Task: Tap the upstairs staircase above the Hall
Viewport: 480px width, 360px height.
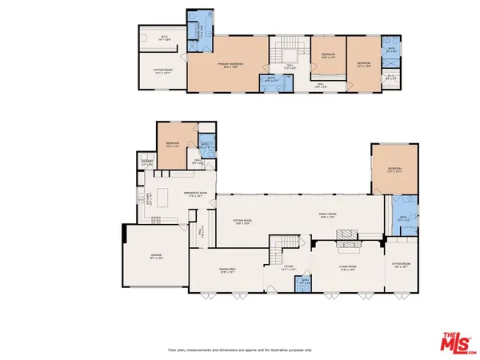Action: (288, 54)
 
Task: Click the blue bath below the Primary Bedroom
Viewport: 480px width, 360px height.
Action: (272, 81)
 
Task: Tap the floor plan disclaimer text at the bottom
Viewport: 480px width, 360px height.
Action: (240, 350)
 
